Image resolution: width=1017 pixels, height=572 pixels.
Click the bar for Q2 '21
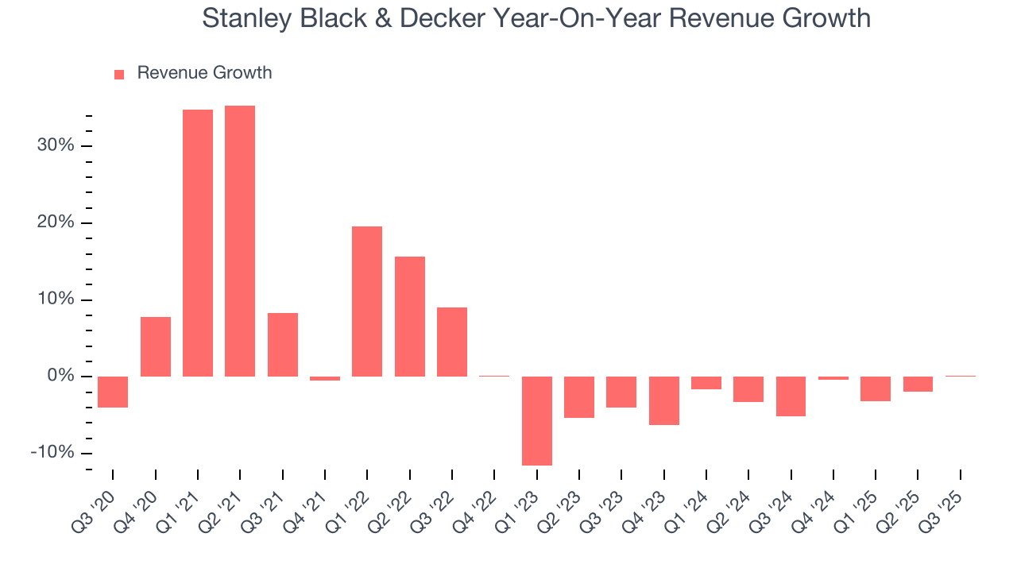pos(240,241)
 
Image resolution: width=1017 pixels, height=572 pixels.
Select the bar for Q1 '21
pos(198,243)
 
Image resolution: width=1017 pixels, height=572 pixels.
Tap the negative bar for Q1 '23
pos(537,420)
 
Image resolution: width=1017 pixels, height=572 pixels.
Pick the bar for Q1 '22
pos(367,301)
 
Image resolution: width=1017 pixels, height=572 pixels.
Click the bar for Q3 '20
pos(113,392)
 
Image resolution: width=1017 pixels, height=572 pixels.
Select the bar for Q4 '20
pos(156,346)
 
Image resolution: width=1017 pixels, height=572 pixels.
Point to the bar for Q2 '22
pos(410,316)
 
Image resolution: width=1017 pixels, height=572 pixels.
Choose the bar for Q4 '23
pos(664,400)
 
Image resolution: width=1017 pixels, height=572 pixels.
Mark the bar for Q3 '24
pos(791,396)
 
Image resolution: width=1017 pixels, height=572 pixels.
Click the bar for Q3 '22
pos(452,342)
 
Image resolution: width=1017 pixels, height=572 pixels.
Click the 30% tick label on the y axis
pos(55,145)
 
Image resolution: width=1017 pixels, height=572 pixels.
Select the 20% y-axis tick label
pos(55,222)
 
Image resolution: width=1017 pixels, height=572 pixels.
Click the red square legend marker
pos(119,75)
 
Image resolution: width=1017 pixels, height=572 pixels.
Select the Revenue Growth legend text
pos(204,73)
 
